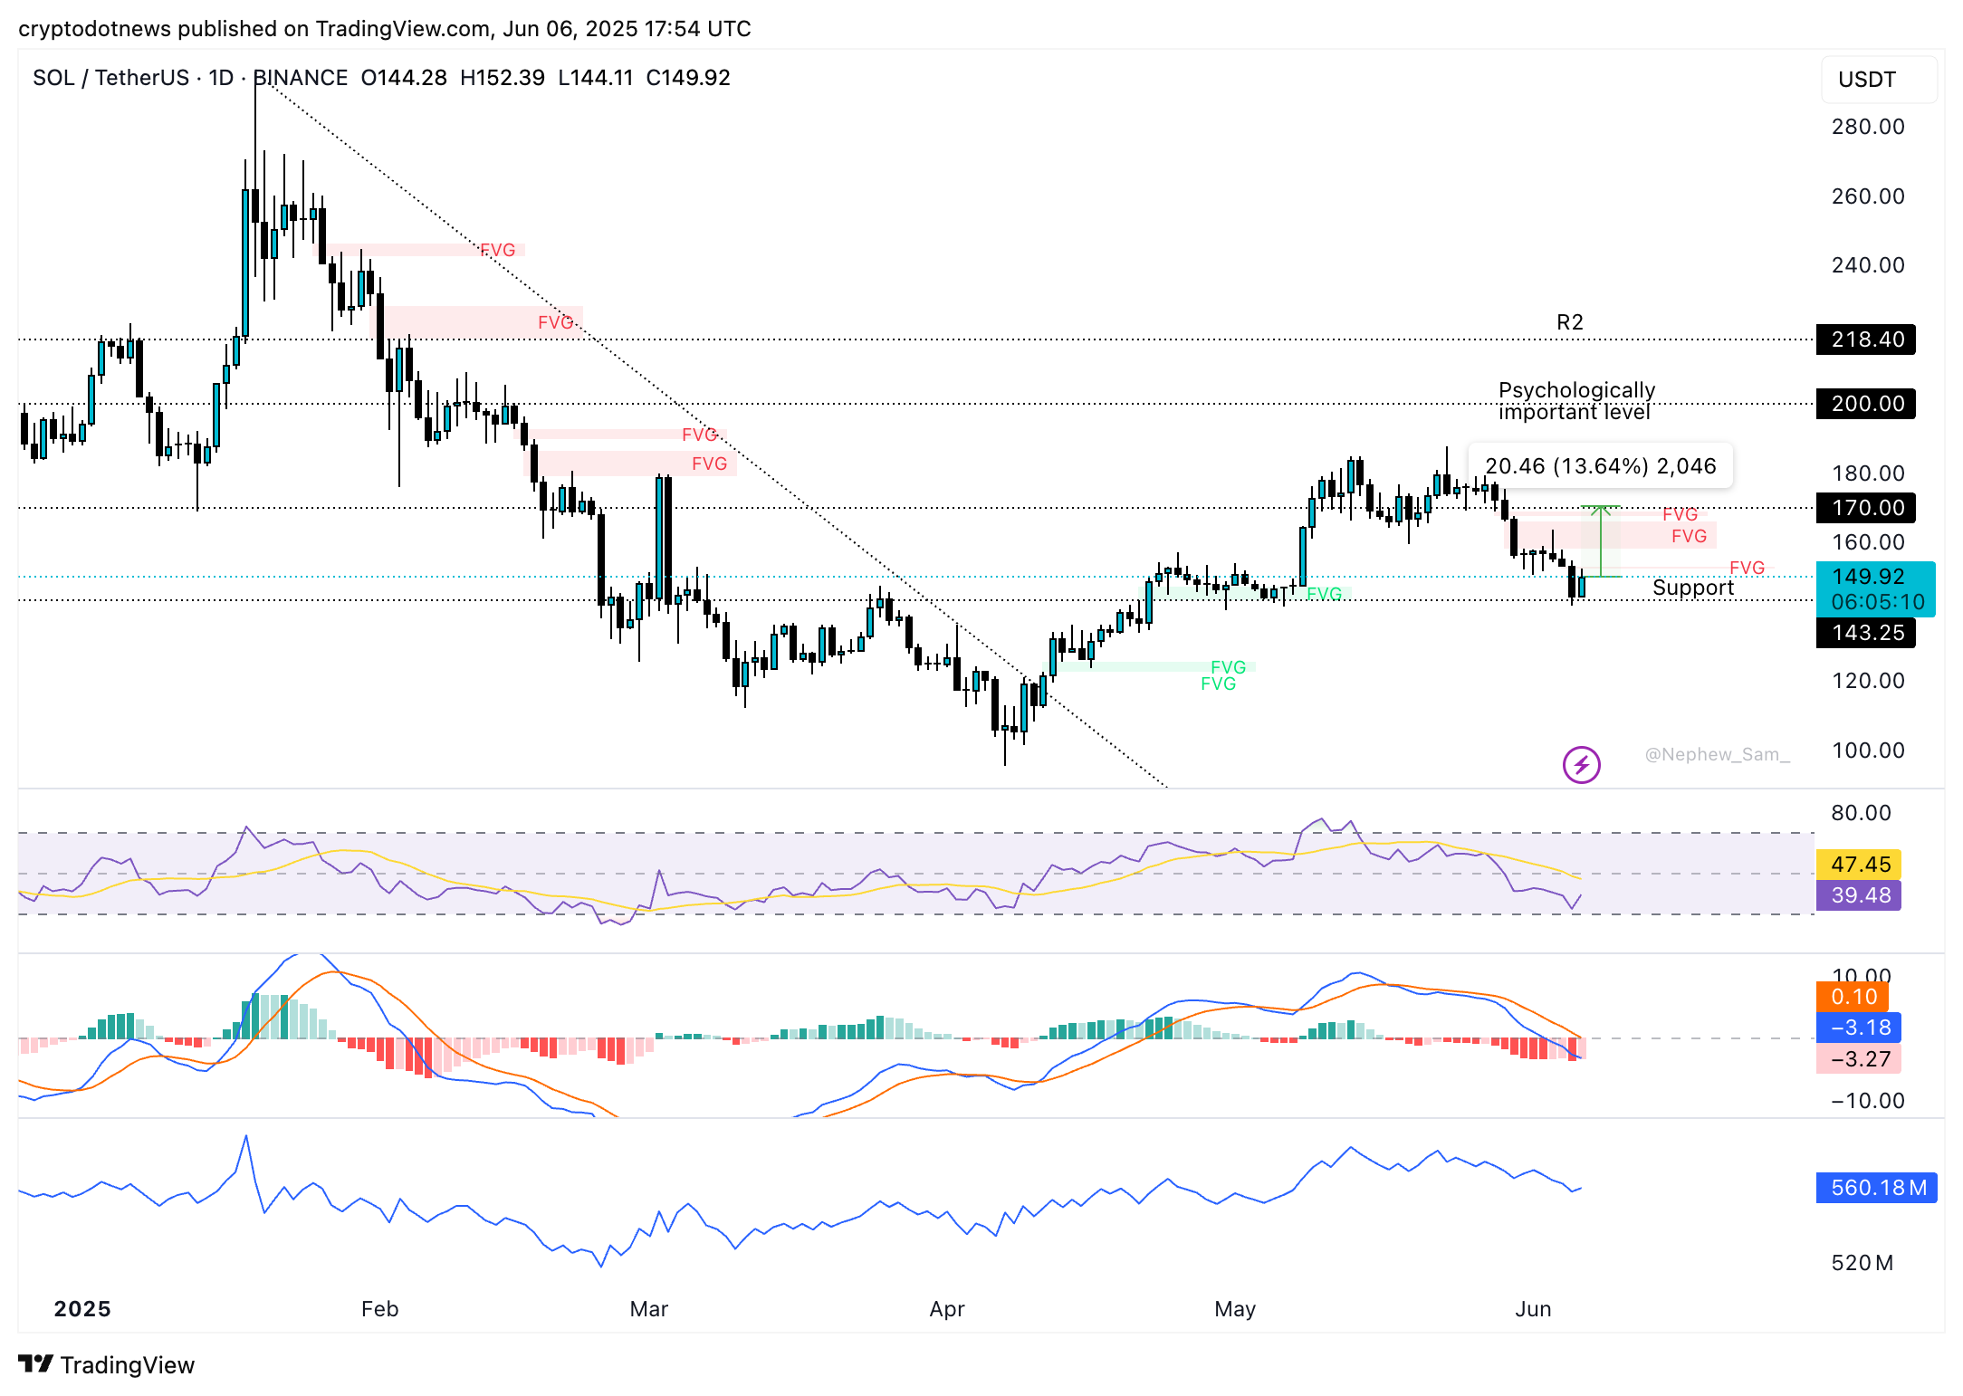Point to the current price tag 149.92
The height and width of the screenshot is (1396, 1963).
1874,578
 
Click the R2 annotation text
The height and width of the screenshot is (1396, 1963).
1570,322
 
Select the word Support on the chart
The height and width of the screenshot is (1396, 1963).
1692,588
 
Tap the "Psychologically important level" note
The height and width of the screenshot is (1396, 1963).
1576,401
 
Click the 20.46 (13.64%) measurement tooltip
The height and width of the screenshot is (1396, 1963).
1600,466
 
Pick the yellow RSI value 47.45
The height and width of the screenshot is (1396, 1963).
1860,865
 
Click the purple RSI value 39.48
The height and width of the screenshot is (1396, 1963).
1860,895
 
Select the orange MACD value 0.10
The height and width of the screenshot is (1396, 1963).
1853,997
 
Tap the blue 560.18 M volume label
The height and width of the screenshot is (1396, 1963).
1877,1188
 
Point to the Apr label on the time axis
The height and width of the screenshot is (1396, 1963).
947,1309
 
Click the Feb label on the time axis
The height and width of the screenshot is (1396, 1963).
379,1309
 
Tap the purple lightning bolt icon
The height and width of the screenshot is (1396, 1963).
1581,765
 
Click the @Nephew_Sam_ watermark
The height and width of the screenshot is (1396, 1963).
1717,754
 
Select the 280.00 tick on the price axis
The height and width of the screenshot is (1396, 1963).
1867,127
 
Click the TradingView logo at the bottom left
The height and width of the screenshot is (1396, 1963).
107,1365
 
